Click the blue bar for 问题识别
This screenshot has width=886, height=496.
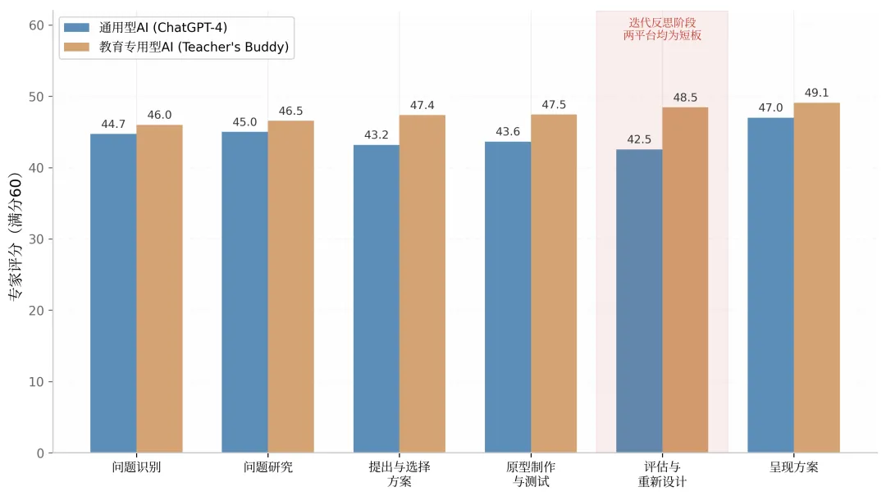pos(113,294)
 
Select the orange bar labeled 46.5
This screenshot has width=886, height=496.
pos(290,286)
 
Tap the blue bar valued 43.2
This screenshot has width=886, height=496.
pos(377,299)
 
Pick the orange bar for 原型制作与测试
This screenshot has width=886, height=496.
pos(554,284)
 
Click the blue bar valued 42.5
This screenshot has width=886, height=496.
pos(639,301)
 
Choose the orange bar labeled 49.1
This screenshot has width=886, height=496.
pos(816,278)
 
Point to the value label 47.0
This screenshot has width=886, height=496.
pos(770,108)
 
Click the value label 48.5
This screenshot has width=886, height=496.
pos(685,98)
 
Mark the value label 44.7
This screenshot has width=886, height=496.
pos(113,125)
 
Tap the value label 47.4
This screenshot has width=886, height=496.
pos(422,106)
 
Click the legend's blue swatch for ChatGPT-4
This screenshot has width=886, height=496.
pos(77,27)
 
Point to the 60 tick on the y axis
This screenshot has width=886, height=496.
pos(36,25)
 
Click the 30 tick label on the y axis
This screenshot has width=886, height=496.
pos(36,239)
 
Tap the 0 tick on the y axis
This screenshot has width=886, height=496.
pos(40,453)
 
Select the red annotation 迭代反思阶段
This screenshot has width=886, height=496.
pos(662,23)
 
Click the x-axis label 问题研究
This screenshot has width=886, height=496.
pos(267,467)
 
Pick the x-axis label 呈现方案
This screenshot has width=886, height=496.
pos(793,467)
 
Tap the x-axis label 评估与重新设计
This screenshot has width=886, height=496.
pos(662,474)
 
